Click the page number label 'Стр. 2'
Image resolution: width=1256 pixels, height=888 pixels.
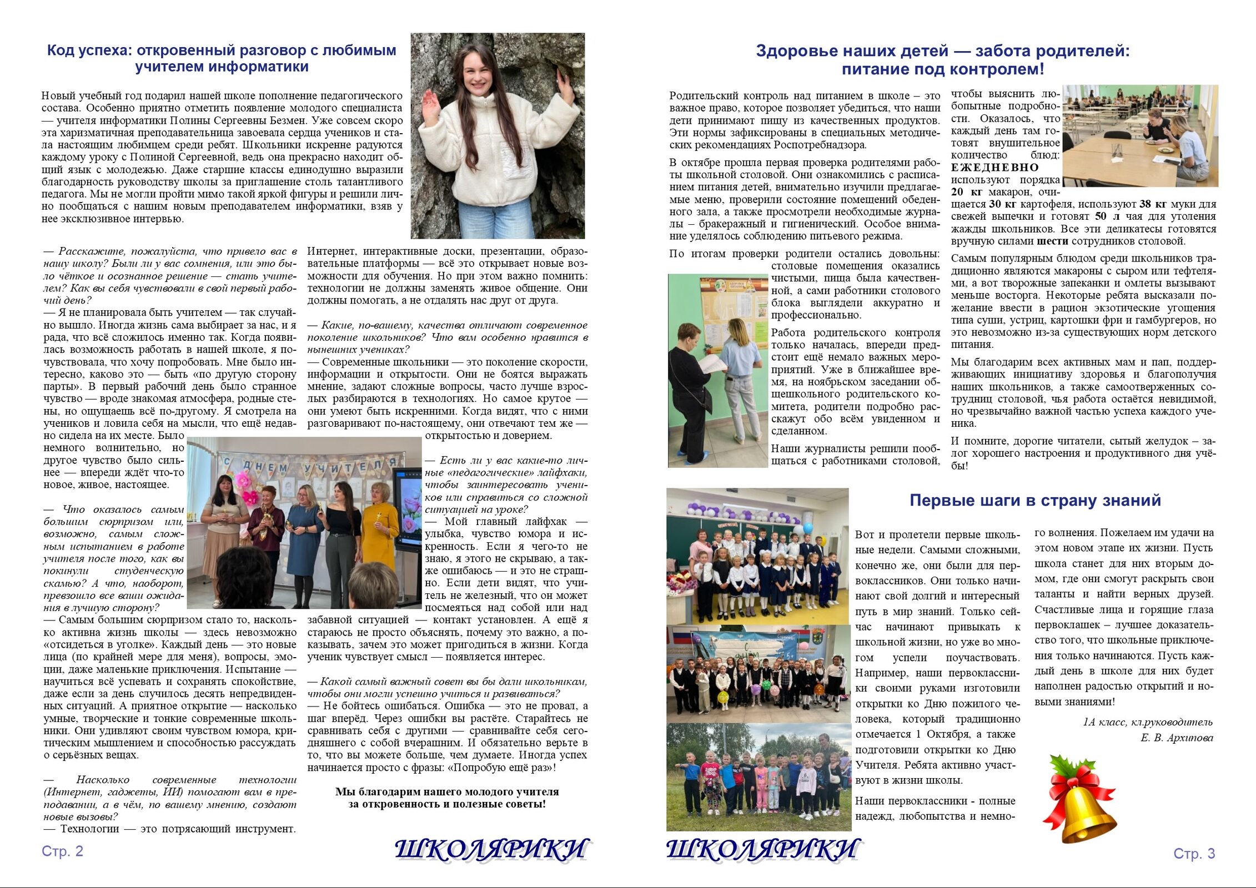[x=62, y=851]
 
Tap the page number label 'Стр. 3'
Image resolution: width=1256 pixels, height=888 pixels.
[x=1194, y=854]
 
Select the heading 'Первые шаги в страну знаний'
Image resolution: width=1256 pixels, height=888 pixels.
[x=1035, y=501]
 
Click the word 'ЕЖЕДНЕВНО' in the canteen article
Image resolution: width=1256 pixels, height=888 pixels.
[x=994, y=168]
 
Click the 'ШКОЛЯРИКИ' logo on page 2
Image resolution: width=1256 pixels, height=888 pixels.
[x=492, y=850]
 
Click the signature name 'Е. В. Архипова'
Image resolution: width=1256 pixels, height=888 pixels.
[x=1177, y=738]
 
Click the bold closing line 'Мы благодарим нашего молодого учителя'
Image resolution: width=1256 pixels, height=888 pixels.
[x=447, y=792]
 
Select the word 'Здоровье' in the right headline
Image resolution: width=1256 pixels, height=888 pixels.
[x=796, y=51]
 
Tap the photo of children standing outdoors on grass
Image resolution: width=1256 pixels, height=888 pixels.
[x=758, y=777]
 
